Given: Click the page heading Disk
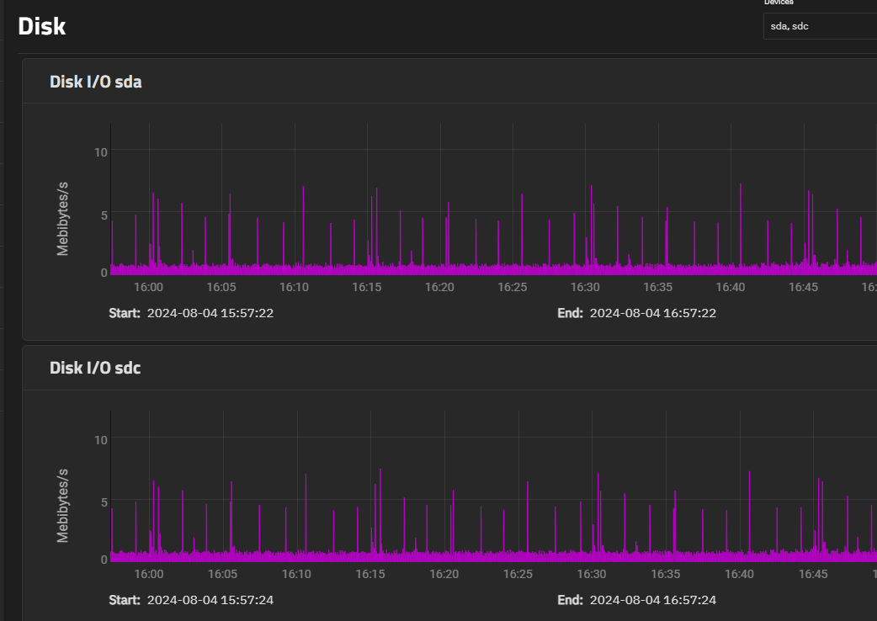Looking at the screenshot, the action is [x=42, y=26].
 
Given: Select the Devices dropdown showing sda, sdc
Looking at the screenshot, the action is [x=820, y=26].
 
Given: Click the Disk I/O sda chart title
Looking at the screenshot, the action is [x=96, y=82].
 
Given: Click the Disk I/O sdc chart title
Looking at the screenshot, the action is [x=95, y=368].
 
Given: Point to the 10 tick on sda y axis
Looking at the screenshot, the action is [x=101, y=152].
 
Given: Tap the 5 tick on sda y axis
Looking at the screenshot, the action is [x=104, y=215].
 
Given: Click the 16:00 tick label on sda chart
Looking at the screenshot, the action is [x=149, y=287].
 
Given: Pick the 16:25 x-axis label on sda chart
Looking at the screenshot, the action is [x=513, y=287].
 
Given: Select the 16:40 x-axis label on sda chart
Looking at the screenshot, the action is [x=731, y=287].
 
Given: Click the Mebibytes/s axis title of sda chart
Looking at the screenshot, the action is [x=62, y=219].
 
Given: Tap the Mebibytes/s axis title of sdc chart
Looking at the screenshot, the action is [x=62, y=505].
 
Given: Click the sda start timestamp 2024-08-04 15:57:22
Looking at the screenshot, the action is [x=210, y=313].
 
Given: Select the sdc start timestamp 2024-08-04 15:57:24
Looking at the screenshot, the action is [x=210, y=600].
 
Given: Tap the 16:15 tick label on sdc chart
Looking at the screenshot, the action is [x=370, y=574].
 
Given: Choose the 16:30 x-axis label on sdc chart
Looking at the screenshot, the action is [x=592, y=574].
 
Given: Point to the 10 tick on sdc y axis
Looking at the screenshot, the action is [x=101, y=440].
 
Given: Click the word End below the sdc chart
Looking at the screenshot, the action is [x=570, y=600].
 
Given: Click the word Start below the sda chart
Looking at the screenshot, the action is [x=125, y=313].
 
